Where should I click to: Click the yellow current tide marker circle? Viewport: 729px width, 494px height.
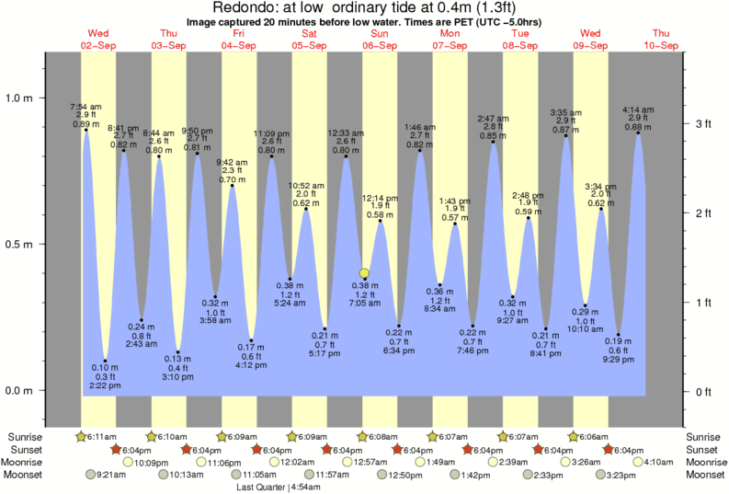point(364,272)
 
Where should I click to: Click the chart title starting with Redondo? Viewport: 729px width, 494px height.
point(365,8)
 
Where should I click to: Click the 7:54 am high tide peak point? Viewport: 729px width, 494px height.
point(85,130)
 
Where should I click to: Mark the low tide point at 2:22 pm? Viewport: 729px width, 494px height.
point(106,361)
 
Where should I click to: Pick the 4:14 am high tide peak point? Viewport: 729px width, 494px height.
point(638,132)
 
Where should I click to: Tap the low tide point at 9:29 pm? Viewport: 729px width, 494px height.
point(620,334)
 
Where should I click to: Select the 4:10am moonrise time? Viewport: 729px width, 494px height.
point(662,462)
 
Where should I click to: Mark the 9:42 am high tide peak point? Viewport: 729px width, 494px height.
point(233,186)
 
